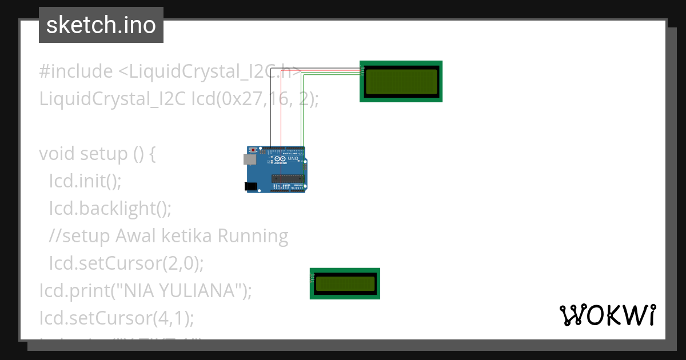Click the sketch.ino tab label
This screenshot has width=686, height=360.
[x=101, y=25]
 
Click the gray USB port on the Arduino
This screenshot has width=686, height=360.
[x=250, y=159]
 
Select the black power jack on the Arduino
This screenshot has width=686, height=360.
[x=250, y=186]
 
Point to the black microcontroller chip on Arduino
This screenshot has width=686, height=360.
[x=288, y=178]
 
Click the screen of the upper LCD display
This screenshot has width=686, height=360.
[x=401, y=81]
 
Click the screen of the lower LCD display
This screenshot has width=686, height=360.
[x=345, y=283]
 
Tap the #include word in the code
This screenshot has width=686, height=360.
[x=76, y=71]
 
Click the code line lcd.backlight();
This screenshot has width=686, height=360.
[x=110, y=209]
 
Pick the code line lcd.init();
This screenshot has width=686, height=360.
[x=85, y=181]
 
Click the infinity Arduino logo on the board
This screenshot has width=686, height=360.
[x=277, y=158]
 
